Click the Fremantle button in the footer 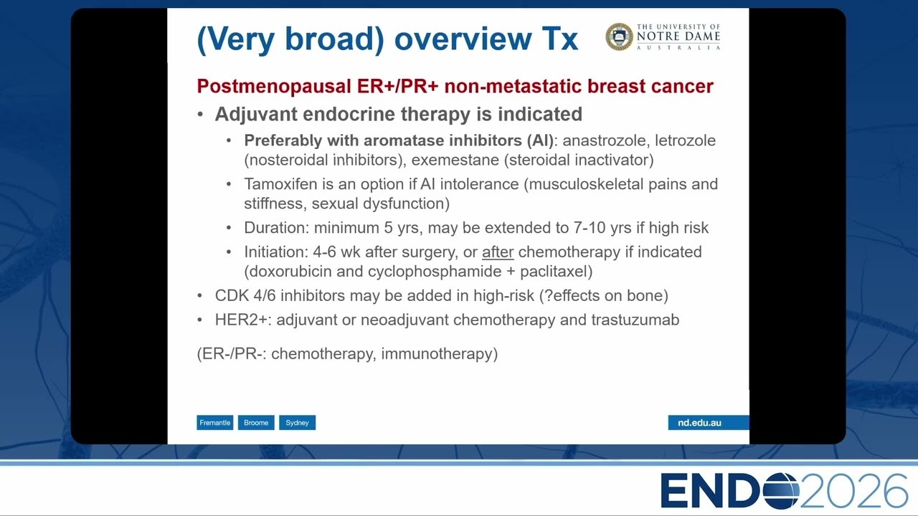pos(214,423)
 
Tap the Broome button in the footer pos(256,423)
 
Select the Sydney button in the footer pos(297,423)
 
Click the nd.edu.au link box pos(708,423)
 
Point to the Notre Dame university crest pos(619,37)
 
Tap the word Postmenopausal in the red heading pos(274,87)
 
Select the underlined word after pos(498,252)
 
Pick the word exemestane pos(455,160)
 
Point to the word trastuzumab pos(635,320)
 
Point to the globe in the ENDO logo pos(781,491)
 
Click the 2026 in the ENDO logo pos(853,491)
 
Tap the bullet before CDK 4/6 pos(200,296)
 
